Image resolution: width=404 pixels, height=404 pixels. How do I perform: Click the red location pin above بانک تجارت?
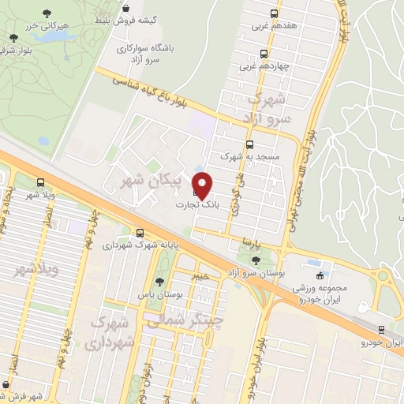pos(203,185)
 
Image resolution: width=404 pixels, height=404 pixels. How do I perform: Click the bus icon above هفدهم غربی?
pos(274,13)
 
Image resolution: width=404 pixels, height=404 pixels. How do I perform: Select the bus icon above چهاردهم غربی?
pos(264,54)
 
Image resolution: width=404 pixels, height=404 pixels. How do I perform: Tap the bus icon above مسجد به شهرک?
pos(250,144)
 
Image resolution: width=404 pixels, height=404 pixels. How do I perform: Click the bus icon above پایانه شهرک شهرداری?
pos(140,233)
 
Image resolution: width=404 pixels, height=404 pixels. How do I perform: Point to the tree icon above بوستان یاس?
pos(161,281)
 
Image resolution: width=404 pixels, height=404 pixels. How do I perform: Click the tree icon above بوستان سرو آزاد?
pos(254,260)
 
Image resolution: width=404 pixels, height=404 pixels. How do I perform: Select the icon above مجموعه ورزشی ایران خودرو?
pos(320,275)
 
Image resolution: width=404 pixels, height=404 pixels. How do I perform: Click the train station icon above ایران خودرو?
pos(382,330)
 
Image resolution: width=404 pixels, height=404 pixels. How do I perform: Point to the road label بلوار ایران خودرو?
pos(256,359)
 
